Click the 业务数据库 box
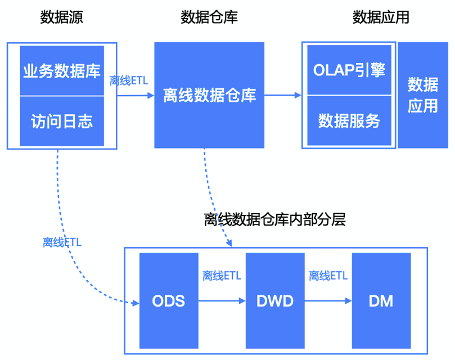62,71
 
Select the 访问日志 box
62,121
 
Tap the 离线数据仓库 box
209,95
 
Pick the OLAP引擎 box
349,70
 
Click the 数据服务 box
349,120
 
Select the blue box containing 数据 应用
422,95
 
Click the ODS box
168,300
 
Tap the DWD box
274,300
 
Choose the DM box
381,300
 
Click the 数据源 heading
62,17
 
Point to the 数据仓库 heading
209,17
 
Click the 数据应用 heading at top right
381,17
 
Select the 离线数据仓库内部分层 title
274,220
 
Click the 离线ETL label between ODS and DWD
222,276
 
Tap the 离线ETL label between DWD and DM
328,276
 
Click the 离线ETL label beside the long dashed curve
62,242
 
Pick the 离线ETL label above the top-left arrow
129,80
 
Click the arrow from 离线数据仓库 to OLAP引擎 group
283,95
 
